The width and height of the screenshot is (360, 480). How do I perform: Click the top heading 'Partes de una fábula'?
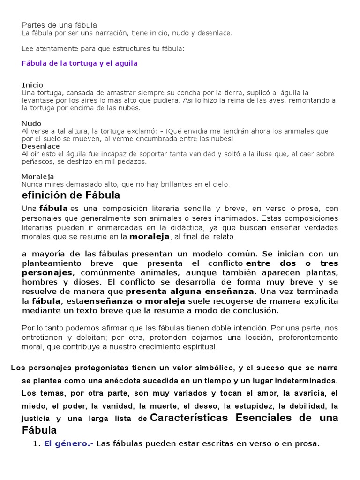point(60,24)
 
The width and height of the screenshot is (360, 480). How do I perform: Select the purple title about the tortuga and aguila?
point(80,63)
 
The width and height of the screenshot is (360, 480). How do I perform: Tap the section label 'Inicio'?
point(32,85)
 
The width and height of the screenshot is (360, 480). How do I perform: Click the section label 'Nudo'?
point(31,123)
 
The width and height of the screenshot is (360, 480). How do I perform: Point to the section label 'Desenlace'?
point(40,146)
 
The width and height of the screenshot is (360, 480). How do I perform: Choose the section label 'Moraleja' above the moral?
point(38,177)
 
